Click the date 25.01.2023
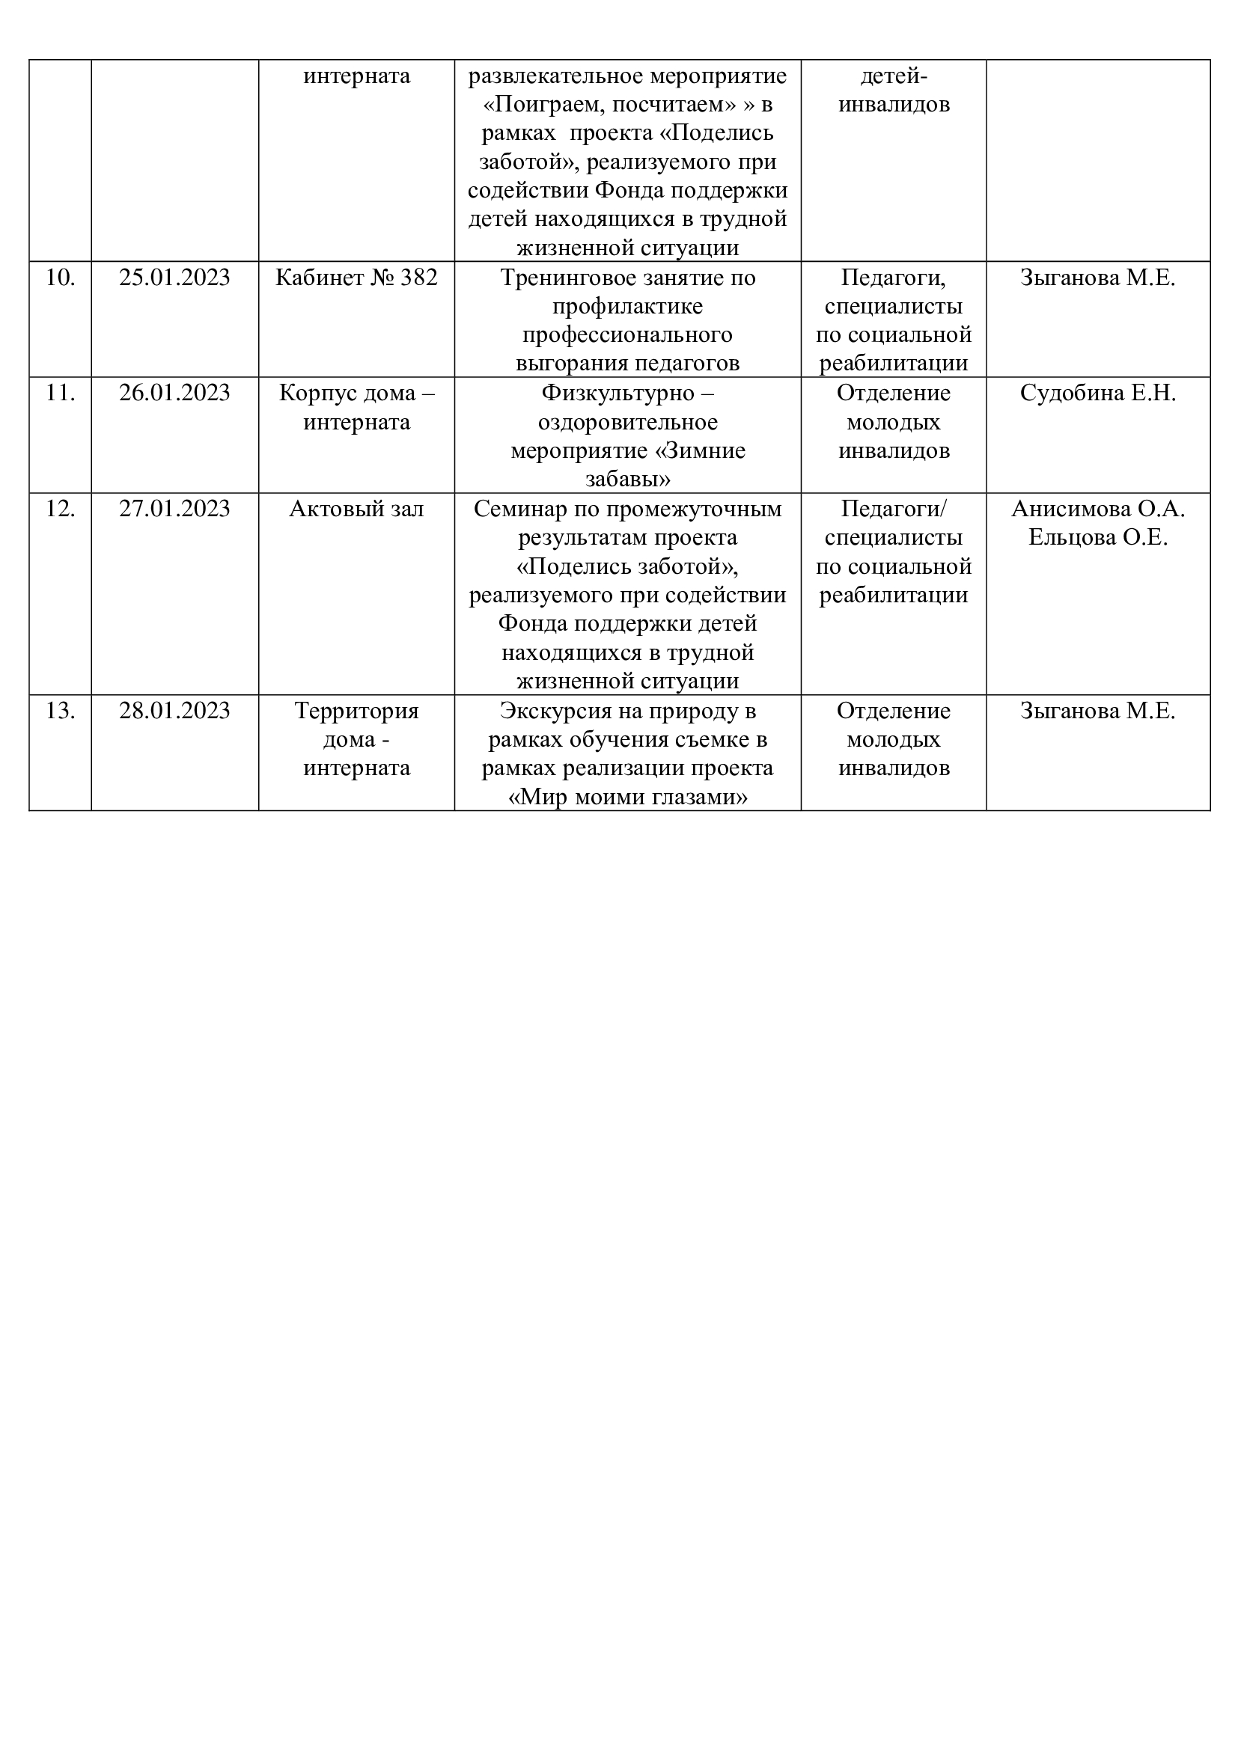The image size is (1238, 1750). click(x=174, y=278)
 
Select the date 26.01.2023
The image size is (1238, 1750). click(x=174, y=394)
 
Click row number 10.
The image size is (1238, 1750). click(x=60, y=278)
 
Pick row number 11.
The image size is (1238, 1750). click(x=60, y=394)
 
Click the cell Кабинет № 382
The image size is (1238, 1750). click(x=356, y=278)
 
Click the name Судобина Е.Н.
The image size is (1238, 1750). click(x=1098, y=394)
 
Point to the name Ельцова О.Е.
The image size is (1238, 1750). click(x=1098, y=537)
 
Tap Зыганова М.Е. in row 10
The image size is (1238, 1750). click(x=1098, y=278)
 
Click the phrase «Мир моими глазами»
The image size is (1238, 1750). click(x=627, y=798)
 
